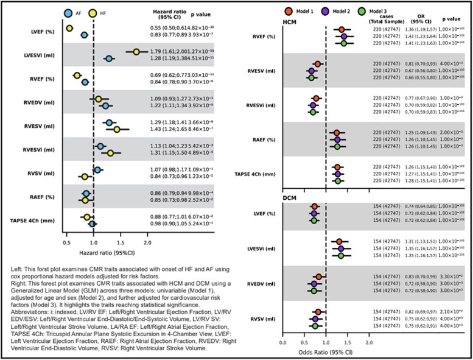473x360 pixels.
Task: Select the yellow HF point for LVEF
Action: tap(69, 29)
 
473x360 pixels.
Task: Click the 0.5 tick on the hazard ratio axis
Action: tap(66, 242)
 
